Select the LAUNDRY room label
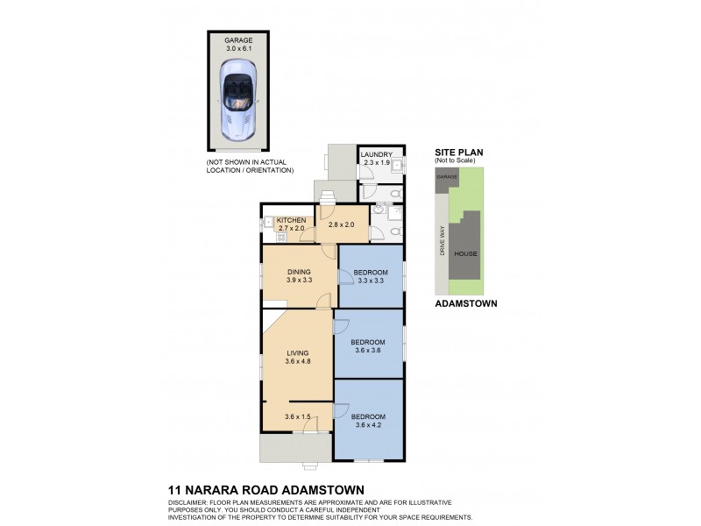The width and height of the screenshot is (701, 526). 376,154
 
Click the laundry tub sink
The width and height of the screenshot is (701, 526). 396,164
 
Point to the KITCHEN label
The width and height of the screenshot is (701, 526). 291,219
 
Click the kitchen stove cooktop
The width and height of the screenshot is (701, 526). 283,237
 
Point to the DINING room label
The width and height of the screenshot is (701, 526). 299,272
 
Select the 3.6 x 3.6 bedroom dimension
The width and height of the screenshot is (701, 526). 368,351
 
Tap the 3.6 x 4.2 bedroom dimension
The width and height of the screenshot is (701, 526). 368,424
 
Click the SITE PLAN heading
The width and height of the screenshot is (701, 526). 458,152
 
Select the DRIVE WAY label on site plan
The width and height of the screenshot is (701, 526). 442,241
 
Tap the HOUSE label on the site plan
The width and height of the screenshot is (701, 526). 465,254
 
